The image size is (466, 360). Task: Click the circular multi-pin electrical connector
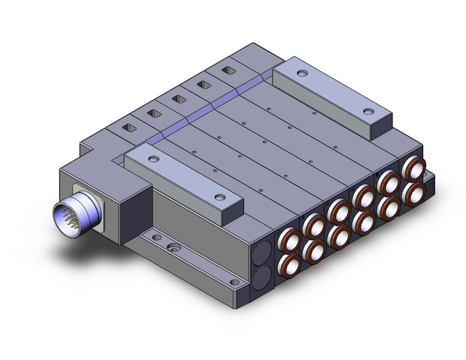click(x=76, y=217)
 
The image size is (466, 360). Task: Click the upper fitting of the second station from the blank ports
click(x=314, y=227)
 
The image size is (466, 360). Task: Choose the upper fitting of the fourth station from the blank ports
click(x=364, y=197)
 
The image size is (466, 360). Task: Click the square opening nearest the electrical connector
click(x=131, y=128)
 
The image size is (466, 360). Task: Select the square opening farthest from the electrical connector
click(x=228, y=71)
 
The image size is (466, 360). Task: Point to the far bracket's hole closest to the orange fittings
click(x=368, y=112)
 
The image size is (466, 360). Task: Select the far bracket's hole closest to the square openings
click(x=302, y=74)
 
